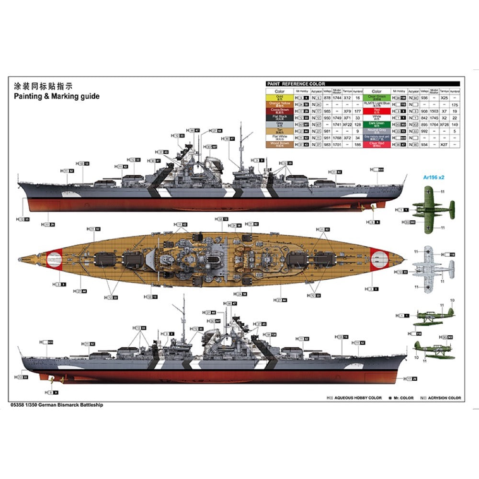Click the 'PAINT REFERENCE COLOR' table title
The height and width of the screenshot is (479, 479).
pyautogui.click(x=296, y=84)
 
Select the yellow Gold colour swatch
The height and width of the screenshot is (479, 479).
pyautogui.click(x=279, y=97)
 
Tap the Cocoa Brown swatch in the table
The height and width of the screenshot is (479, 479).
pyautogui.click(x=279, y=111)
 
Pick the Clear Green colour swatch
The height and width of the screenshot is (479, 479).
pyautogui.click(x=376, y=97)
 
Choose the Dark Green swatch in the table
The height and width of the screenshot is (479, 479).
pyautogui.click(x=376, y=124)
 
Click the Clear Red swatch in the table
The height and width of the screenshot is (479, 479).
pyautogui.click(x=376, y=144)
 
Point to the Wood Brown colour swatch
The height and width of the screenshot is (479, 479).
pyautogui.click(x=279, y=144)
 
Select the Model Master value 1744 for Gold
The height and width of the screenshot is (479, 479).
pyautogui.click(x=337, y=97)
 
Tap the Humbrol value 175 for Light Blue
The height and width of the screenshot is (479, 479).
pyautogui.click(x=455, y=104)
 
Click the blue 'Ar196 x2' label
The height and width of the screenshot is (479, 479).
pyautogui.click(x=433, y=177)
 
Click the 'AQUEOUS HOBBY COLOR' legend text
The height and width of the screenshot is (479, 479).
pyautogui.click(x=358, y=398)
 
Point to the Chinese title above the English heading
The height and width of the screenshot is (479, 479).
pyautogui.click(x=43, y=87)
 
